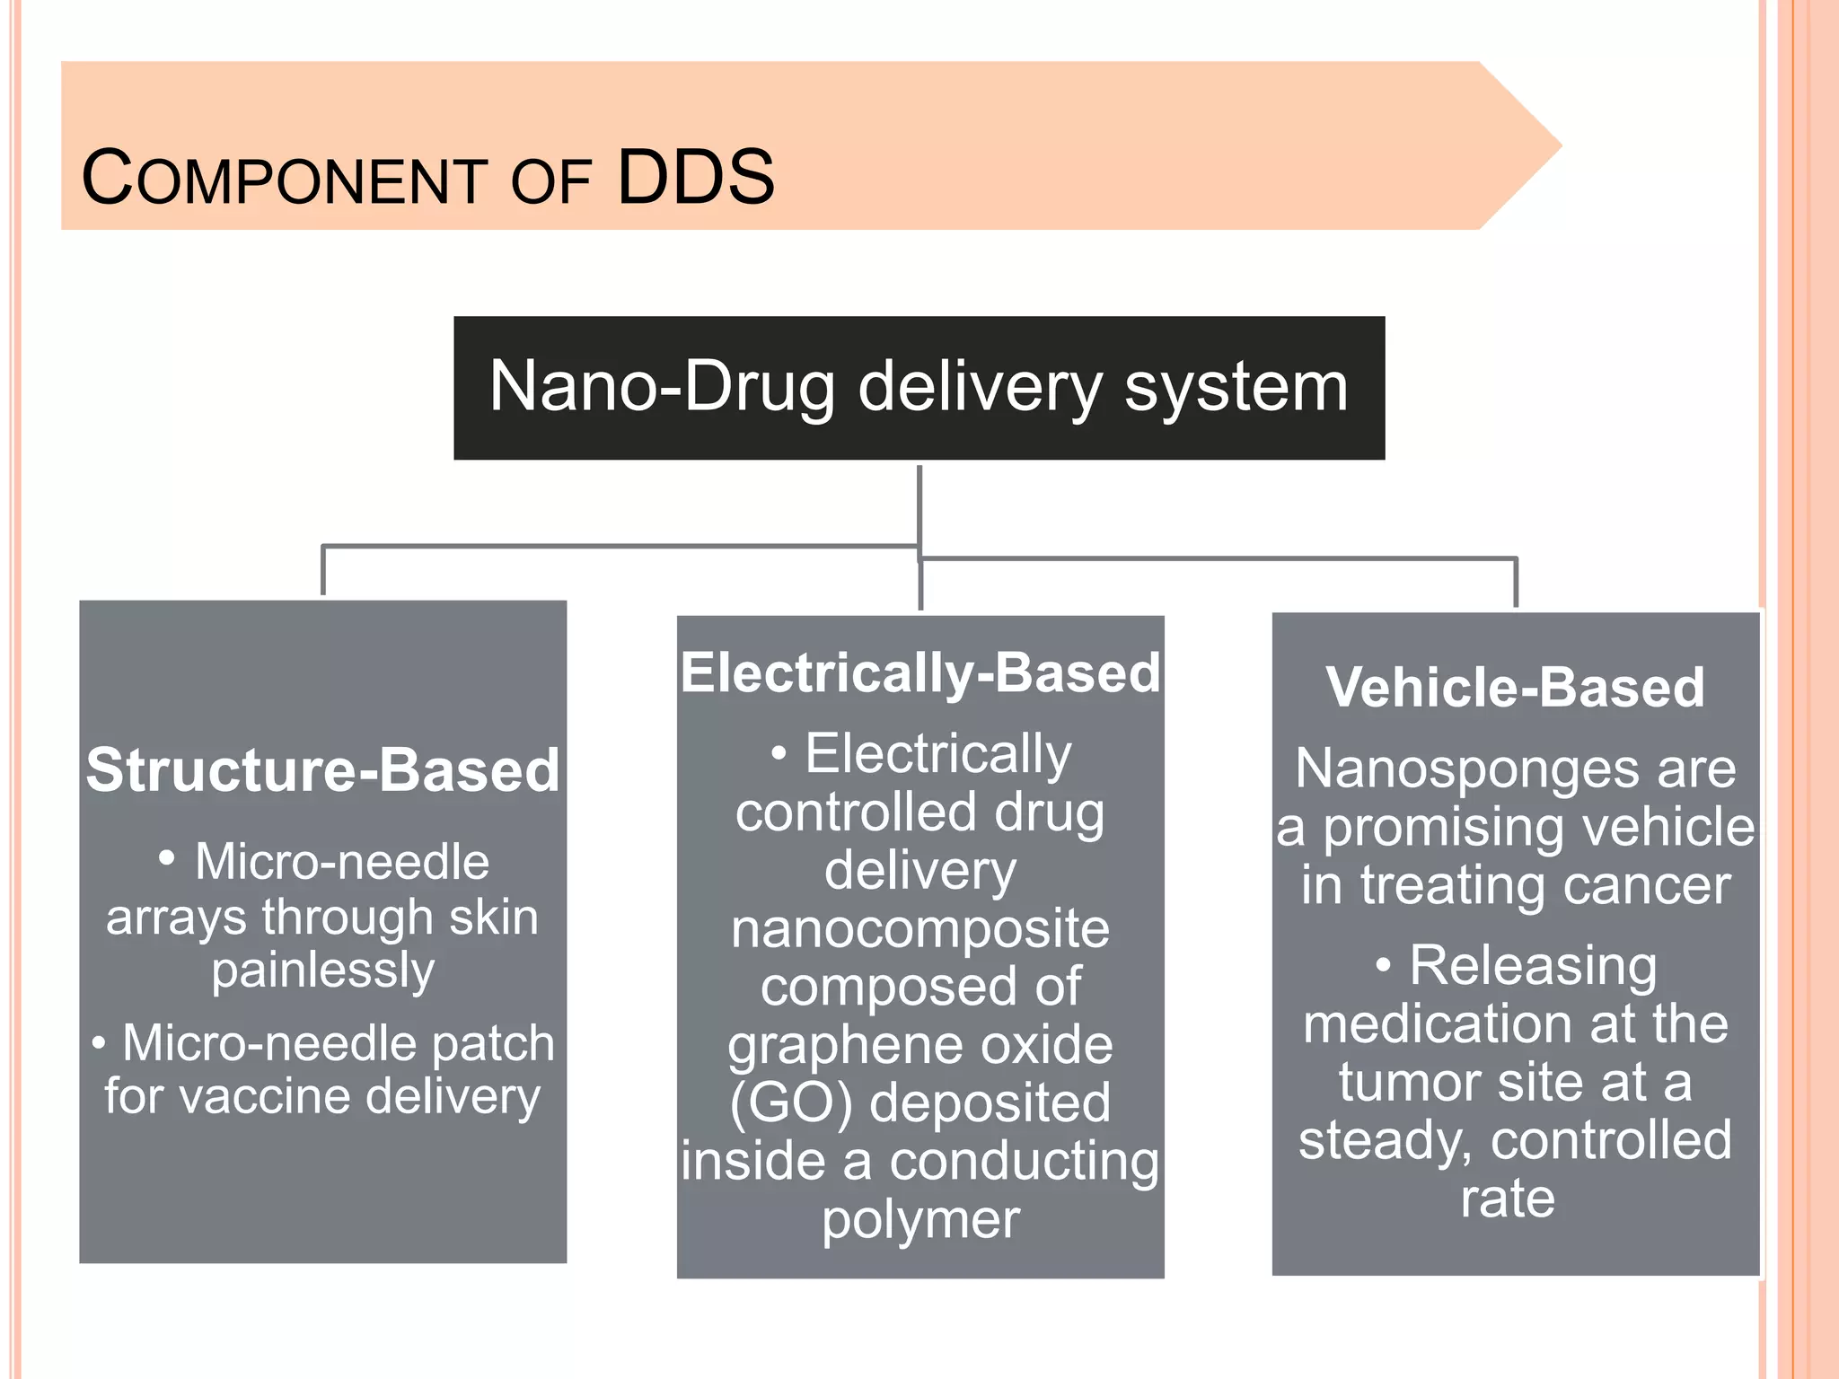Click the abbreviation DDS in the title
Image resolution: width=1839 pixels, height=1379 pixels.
696,177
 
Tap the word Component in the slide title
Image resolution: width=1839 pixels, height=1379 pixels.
285,179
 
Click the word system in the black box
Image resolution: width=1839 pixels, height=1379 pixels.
1236,387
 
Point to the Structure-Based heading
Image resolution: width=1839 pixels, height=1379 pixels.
322,770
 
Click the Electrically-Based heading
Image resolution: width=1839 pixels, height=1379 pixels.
920,672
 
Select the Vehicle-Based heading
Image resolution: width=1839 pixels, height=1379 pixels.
1515,688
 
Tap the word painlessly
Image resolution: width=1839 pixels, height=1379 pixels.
323,971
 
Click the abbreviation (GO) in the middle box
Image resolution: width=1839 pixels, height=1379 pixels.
791,1103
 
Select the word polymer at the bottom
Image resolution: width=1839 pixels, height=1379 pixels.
920,1220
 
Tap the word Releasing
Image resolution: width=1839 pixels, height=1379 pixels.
1533,966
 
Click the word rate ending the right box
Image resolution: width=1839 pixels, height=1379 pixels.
1508,1199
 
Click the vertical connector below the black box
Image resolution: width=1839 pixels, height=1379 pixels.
919,503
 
